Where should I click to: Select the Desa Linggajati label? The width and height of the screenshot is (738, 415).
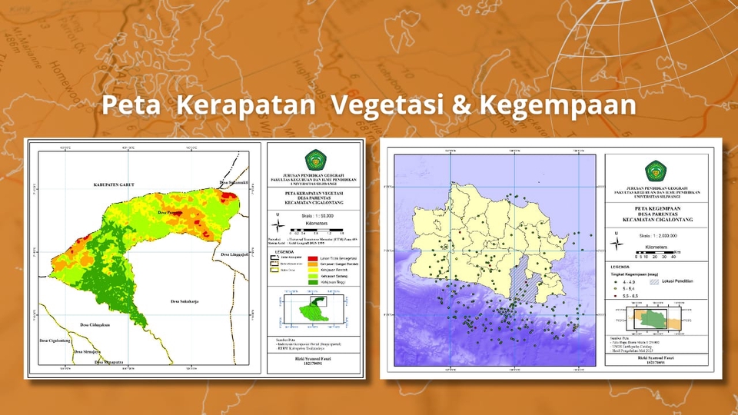(238, 254)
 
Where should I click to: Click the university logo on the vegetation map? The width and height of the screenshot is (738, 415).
(315, 160)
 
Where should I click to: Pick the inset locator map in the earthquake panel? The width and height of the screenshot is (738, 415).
(653, 317)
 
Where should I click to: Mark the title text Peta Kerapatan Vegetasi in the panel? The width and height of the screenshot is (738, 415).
(314, 194)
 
